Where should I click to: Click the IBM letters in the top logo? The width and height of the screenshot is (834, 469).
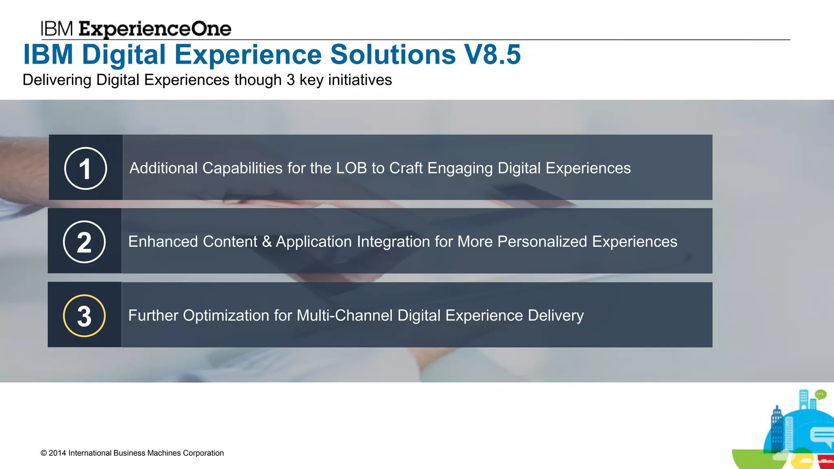[x=57, y=29]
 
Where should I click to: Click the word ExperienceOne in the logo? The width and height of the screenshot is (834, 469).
[x=155, y=29]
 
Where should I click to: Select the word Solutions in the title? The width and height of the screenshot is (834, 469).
[x=393, y=55]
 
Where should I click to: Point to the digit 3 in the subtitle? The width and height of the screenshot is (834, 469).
[x=290, y=80]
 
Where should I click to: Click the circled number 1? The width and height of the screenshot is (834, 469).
[x=86, y=168]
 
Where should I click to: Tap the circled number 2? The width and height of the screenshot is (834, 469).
[x=84, y=242]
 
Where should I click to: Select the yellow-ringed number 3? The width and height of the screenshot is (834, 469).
[x=84, y=316]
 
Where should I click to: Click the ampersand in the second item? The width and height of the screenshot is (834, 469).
[x=267, y=242]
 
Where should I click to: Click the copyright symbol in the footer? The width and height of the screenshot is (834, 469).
[x=44, y=453]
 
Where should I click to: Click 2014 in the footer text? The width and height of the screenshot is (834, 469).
[x=57, y=453]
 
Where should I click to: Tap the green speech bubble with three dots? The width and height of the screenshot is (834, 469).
[x=821, y=394]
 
